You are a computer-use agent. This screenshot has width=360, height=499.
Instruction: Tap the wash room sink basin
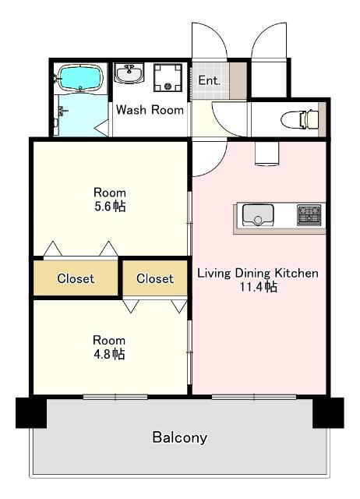(x=129, y=73)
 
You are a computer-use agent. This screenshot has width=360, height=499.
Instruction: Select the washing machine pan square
(x=168, y=78)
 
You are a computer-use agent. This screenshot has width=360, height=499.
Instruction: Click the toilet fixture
(x=300, y=119)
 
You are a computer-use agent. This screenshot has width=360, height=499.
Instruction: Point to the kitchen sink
(x=258, y=215)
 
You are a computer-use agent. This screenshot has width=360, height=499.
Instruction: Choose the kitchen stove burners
(x=309, y=215)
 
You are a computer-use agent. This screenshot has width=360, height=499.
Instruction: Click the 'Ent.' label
(x=210, y=80)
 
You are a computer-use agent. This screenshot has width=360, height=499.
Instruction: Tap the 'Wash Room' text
(x=150, y=110)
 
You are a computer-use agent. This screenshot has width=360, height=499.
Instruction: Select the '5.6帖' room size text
(x=110, y=207)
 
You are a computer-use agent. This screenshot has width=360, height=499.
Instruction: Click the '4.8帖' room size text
(x=109, y=354)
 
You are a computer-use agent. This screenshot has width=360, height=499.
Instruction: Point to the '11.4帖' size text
(x=258, y=287)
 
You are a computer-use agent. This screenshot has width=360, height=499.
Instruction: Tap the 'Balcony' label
(x=180, y=437)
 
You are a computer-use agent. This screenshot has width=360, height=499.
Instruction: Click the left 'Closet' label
(x=76, y=278)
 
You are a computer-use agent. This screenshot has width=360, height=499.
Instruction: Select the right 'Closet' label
(x=155, y=278)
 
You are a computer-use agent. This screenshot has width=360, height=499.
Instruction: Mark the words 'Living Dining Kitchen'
(x=258, y=273)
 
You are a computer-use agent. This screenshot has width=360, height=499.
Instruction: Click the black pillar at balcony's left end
(x=31, y=412)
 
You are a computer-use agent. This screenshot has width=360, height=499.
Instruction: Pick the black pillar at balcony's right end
(x=328, y=412)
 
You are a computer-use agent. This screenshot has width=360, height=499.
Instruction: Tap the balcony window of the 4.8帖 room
(x=115, y=397)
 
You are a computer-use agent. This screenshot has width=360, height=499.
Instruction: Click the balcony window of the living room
(x=254, y=397)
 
